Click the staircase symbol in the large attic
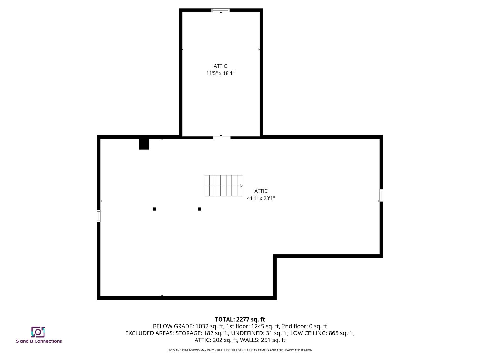point(223,186)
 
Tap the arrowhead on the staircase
point(242,186)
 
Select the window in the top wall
point(220,10)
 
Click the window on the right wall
point(381,196)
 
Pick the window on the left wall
point(99,216)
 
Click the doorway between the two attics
point(222,138)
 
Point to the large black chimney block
point(144,144)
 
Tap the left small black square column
point(155,209)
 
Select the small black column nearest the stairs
point(200,209)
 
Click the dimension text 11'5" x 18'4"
point(220,73)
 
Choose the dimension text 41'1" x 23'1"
point(261,198)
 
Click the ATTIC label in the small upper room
point(220,66)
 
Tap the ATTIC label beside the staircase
point(261,191)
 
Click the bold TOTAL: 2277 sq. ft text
point(240,320)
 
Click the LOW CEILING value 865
point(334,333)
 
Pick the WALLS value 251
point(266,340)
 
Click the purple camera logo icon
point(38,332)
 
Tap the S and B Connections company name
point(39,341)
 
